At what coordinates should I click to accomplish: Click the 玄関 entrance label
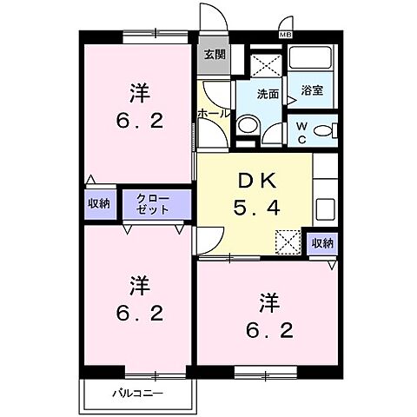coord(214,53)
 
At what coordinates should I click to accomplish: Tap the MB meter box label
coord(285,35)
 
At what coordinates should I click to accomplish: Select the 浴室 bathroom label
coord(312,89)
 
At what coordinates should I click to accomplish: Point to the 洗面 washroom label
coord(267,95)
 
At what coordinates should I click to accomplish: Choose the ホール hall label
coord(213,113)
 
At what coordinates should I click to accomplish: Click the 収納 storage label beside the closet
coord(99,203)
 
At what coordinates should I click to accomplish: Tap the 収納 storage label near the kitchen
coord(321,243)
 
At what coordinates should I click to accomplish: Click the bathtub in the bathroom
coord(311,61)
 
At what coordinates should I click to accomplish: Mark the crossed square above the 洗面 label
coord(263,62)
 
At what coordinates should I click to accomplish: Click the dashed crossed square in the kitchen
coord(287,242)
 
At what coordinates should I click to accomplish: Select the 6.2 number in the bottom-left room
coord(137,314)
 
